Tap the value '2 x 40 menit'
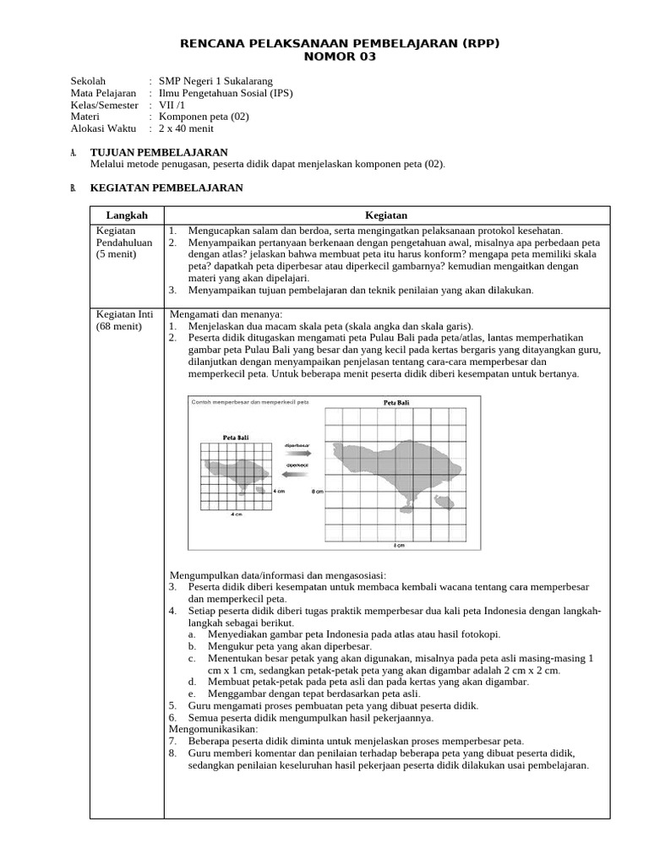point(187,129)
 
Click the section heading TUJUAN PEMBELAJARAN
point(159,152)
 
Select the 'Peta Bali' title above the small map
point(235,438)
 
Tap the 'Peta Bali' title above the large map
point(396,404)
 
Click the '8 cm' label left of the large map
point(318,490)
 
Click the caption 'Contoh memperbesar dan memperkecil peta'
point(250,402)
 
